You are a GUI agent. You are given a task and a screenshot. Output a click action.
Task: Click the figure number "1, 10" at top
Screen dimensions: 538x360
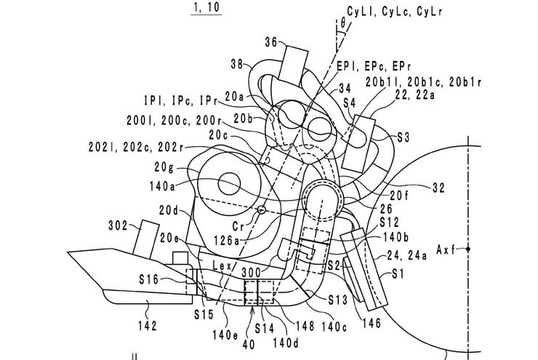click(206, 7)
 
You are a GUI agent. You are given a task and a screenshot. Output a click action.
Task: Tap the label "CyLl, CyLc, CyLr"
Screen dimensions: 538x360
click(394, 12)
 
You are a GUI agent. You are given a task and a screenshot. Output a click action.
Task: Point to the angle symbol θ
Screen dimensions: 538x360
click(343, 23)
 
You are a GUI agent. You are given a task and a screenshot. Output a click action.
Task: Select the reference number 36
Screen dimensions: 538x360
click(271, 42)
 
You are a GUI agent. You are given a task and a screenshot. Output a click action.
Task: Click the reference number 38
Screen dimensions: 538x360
click(237, 64)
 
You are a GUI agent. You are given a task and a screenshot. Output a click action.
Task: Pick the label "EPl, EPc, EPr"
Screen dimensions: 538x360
click(374, 65)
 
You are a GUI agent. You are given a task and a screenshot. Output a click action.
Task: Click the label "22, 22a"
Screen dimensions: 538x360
click(414, 95)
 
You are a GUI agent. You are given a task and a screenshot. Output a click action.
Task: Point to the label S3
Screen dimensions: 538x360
click(403, 137)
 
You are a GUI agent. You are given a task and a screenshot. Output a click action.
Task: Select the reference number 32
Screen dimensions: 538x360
click(438, 188)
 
